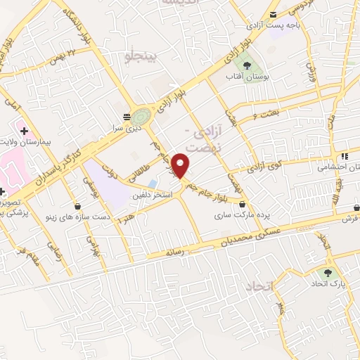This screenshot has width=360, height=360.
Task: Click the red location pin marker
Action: tap(181, 165)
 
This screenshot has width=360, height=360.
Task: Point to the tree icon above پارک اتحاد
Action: tap(326, 274)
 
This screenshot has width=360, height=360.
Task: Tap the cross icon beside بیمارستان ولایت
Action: tap(24, 131)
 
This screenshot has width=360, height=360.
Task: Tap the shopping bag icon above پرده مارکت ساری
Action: tap(242, 203)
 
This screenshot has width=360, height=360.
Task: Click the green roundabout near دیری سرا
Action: tap(141, 115)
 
